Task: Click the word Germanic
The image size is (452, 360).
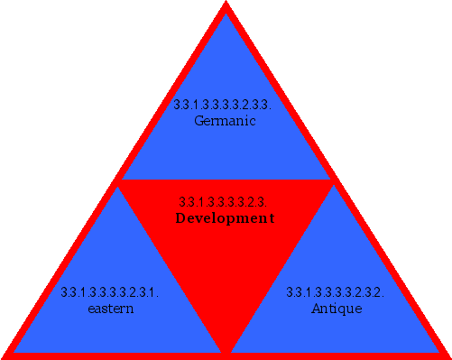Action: pos(226,121)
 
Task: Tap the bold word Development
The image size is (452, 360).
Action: pos(225,218)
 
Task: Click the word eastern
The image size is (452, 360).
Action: pos(111,309)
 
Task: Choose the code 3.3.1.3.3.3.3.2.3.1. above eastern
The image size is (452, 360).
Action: pos(110,292)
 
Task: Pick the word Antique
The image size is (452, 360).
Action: pos(337,309)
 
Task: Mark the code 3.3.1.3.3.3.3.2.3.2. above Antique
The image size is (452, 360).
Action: pos(336,292)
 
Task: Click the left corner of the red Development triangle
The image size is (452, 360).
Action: pos(120,182)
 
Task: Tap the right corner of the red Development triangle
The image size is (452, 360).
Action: pos(332,182)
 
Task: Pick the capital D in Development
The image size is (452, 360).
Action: pos(180,218)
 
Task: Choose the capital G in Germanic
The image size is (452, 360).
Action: pos(199,121)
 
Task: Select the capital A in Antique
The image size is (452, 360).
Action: pos(316,309)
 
